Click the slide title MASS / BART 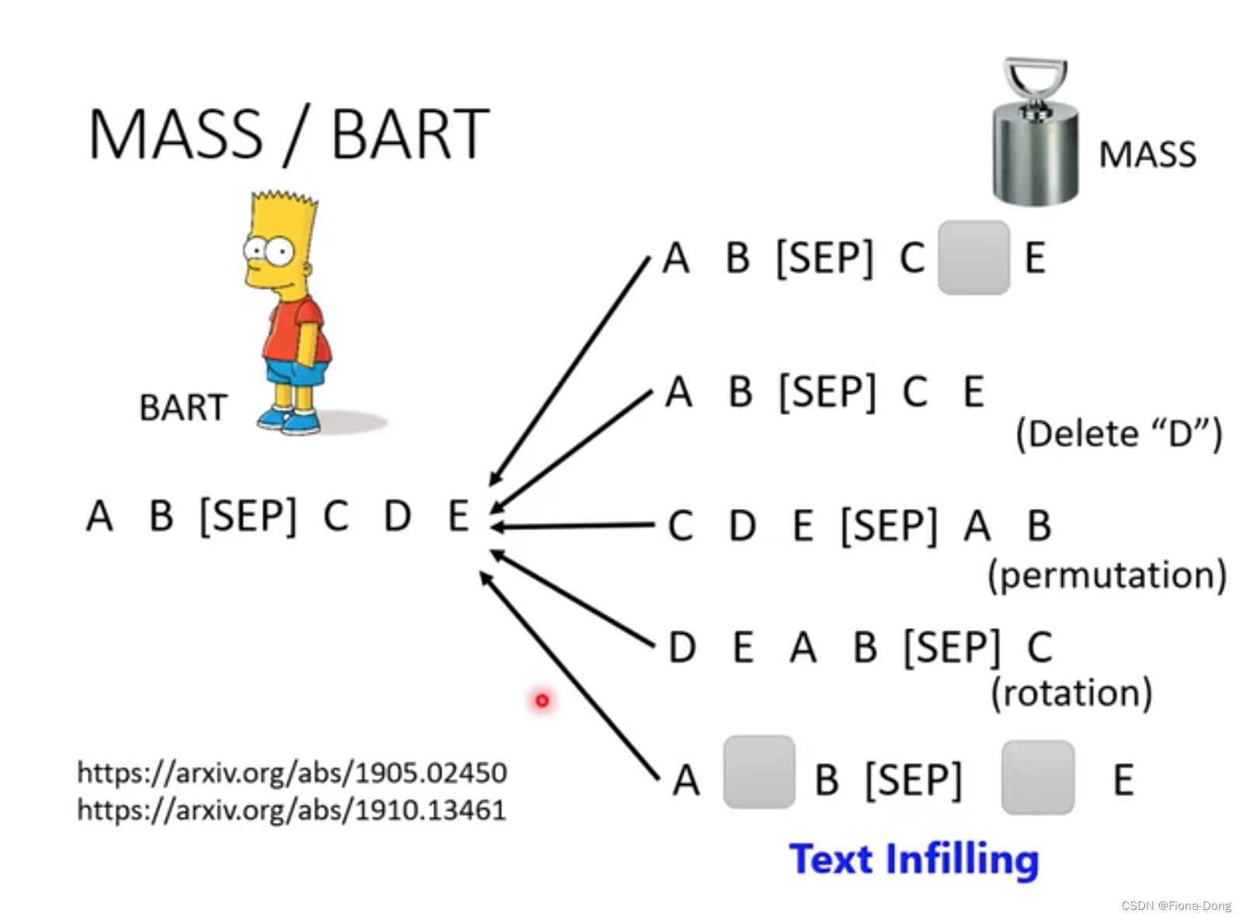tap(288, 134)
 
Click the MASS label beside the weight tap(1147, 155)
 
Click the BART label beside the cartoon tap(183, 407)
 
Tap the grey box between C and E tap(973, 257)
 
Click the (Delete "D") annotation tap(1118, 434)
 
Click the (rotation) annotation tap(1071, 692)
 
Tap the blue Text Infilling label tap(914, 859)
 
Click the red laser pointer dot tap(541, 700)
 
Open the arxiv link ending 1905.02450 tap(292, 772)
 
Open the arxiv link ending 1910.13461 tap(292, 810)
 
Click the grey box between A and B tap(758, 772)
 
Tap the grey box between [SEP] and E tap(1038, 777)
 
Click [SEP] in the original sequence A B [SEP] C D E tap(248, 515)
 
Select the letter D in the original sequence tap(397, 515)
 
